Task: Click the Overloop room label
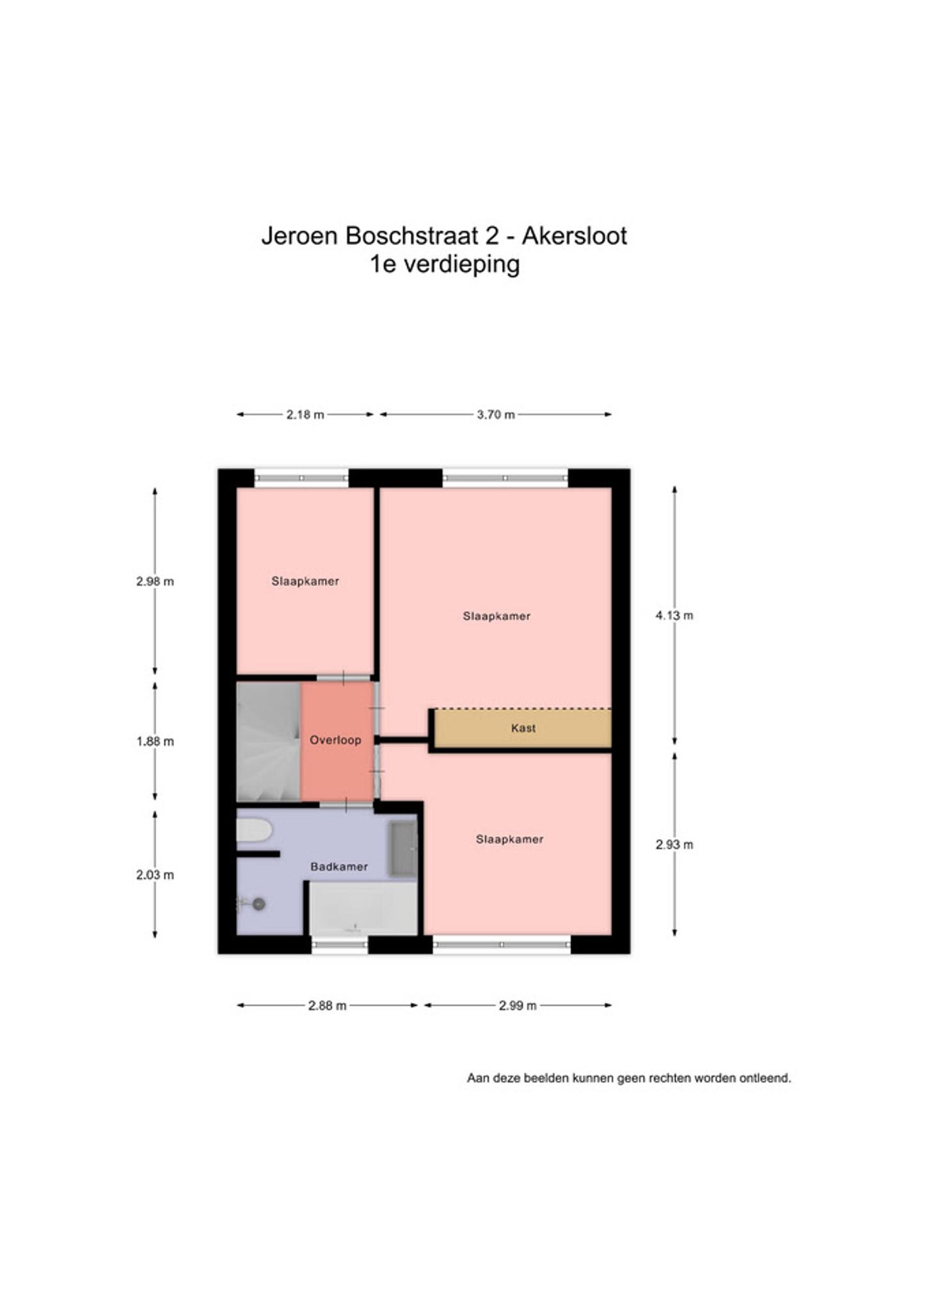pos(335,740)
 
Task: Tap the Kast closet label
pos(523,728)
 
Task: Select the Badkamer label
pos(339,867)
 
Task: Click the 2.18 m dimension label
pos(305,414)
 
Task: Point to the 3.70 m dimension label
pos(496,414)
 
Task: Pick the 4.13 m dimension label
pos(674,615)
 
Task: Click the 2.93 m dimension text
pos(674,844)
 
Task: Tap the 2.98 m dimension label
pos(155,581)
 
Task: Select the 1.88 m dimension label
pos(155,741)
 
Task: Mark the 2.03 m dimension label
pos(155,874)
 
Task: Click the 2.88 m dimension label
pos(328,1006)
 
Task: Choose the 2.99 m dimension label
pos(518,1006)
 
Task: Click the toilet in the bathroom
pos(254,830)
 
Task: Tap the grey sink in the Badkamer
pos(403,849)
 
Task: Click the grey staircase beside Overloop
pos(269,742)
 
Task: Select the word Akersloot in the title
pos(574,236)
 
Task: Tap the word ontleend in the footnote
pos(765,1078)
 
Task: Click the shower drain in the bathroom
pos(258,904)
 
